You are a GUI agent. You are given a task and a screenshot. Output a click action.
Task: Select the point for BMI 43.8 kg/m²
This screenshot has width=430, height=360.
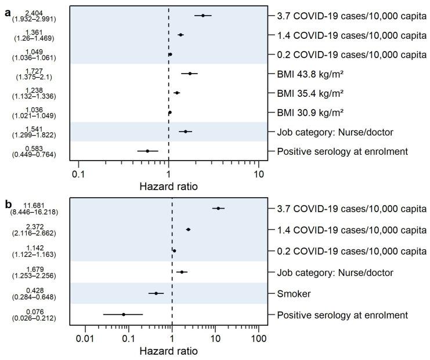coord(190,74)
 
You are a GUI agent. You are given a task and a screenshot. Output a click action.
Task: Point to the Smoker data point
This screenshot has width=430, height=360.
coord(156,293)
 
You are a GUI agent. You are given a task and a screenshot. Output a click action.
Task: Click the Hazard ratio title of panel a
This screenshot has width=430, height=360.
coord(168,187)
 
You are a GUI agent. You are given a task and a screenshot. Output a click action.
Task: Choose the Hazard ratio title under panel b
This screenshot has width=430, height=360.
coord(168,351)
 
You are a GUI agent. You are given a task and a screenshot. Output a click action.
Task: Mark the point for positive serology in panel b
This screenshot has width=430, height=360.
coord(123,314)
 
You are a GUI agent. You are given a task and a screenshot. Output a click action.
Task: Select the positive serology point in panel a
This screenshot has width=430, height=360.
coord(147,151)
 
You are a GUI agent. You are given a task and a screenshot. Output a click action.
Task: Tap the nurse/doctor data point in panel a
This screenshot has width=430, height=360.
coord(186,132)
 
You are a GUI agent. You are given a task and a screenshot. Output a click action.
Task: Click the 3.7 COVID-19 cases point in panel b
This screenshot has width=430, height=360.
coord(218,208)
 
